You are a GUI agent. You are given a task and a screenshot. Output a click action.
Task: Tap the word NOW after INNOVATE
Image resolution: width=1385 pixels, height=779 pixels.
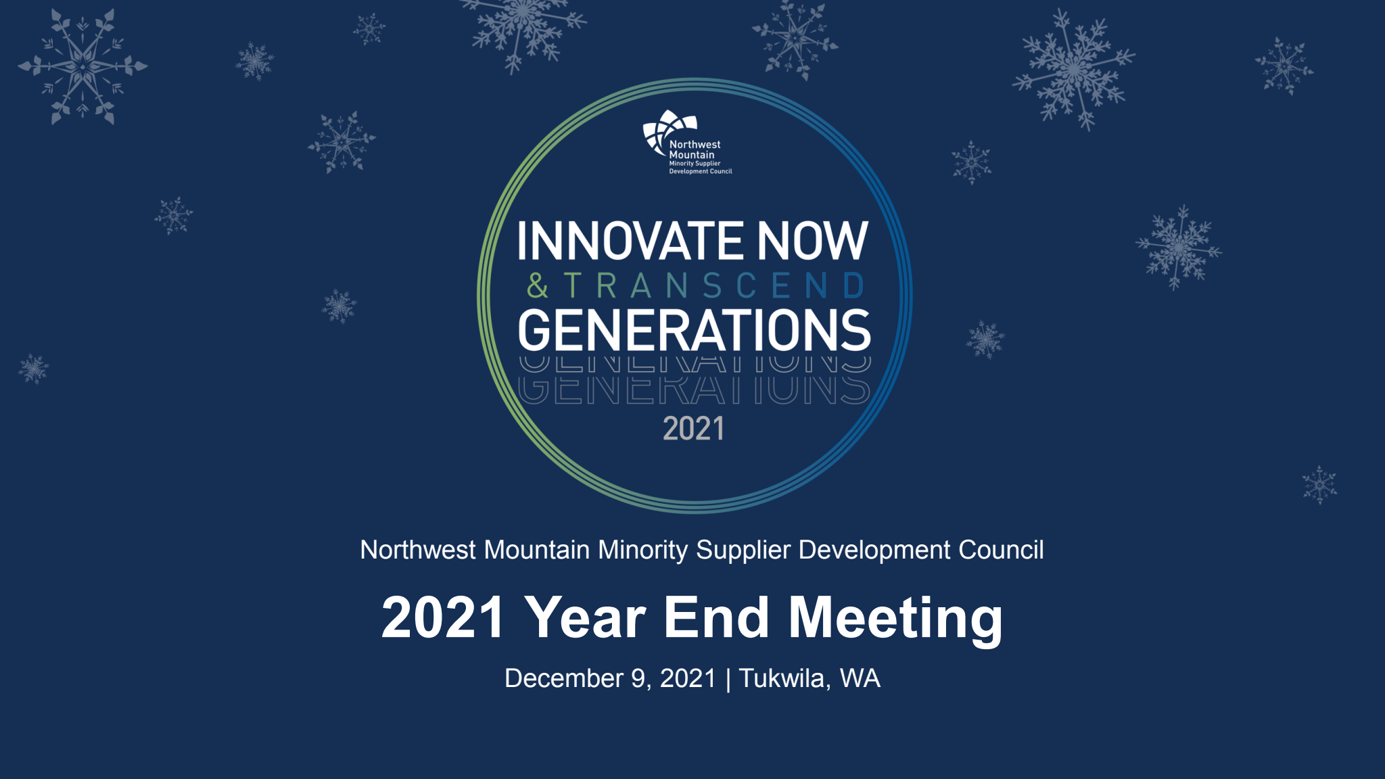coord(812,240)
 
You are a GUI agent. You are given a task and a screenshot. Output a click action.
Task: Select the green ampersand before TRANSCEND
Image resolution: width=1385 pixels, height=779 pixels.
coord(538,285)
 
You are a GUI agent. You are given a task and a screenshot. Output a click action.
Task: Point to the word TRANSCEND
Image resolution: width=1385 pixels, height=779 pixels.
coord(714,285)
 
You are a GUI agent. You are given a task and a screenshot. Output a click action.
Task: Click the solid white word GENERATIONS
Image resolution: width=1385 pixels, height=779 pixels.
coord(694,330)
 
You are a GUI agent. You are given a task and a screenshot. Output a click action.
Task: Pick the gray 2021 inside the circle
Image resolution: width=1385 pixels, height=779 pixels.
coord(693,429)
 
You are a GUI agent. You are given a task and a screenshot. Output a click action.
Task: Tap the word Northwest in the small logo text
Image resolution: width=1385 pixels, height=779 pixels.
coord(695,145)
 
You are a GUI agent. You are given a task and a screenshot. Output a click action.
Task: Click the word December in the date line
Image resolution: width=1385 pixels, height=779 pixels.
coord(564,678)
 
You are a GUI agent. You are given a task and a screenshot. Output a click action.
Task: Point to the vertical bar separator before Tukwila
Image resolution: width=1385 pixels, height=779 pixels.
coord(728,680)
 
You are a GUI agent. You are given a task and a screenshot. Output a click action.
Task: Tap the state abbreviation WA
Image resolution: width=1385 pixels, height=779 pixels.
coord(860,678)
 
